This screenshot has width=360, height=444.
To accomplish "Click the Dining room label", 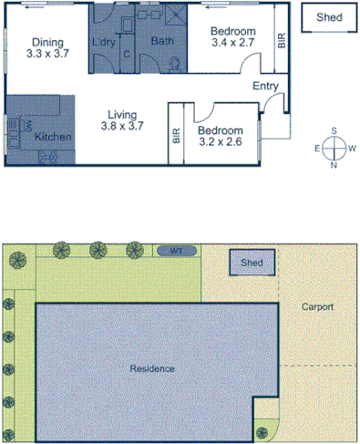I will (46, 42).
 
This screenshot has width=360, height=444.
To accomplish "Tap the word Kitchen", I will (53, 137).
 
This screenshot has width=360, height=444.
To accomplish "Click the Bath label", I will (162, 41).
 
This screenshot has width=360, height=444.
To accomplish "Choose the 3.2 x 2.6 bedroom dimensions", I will (221, 142).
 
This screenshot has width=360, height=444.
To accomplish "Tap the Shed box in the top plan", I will (329, 17).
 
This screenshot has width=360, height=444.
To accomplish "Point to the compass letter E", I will (317, 147).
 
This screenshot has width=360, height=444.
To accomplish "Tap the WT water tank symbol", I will (176, 250).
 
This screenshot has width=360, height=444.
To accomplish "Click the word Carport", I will (318, 307).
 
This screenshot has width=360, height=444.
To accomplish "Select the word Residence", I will (151, 368).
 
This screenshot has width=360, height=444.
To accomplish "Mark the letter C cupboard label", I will (127, 54).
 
